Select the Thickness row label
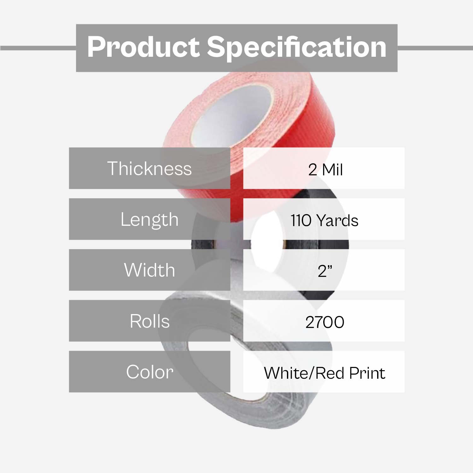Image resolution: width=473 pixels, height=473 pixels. click(149, 168)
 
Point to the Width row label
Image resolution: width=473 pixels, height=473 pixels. click(149, 270)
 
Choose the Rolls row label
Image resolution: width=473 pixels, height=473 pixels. click(149, 321)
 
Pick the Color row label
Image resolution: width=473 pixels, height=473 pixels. click(149, 372)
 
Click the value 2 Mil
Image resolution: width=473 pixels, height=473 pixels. click(325, 170)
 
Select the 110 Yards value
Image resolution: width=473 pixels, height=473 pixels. click(324, 220)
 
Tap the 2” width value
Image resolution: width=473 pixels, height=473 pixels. click(325, 271)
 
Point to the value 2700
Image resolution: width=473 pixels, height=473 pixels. click(325, 322)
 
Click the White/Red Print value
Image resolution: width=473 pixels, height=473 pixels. click(324, 373)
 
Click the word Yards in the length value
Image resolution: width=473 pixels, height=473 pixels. click(337, 220)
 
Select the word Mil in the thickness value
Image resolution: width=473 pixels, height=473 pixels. click(332, 170)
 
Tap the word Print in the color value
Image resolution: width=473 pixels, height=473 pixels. click(367, 373)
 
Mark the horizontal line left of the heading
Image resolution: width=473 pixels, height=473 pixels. click(38, 48)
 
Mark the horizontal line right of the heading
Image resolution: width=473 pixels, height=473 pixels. click(435, 48)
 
